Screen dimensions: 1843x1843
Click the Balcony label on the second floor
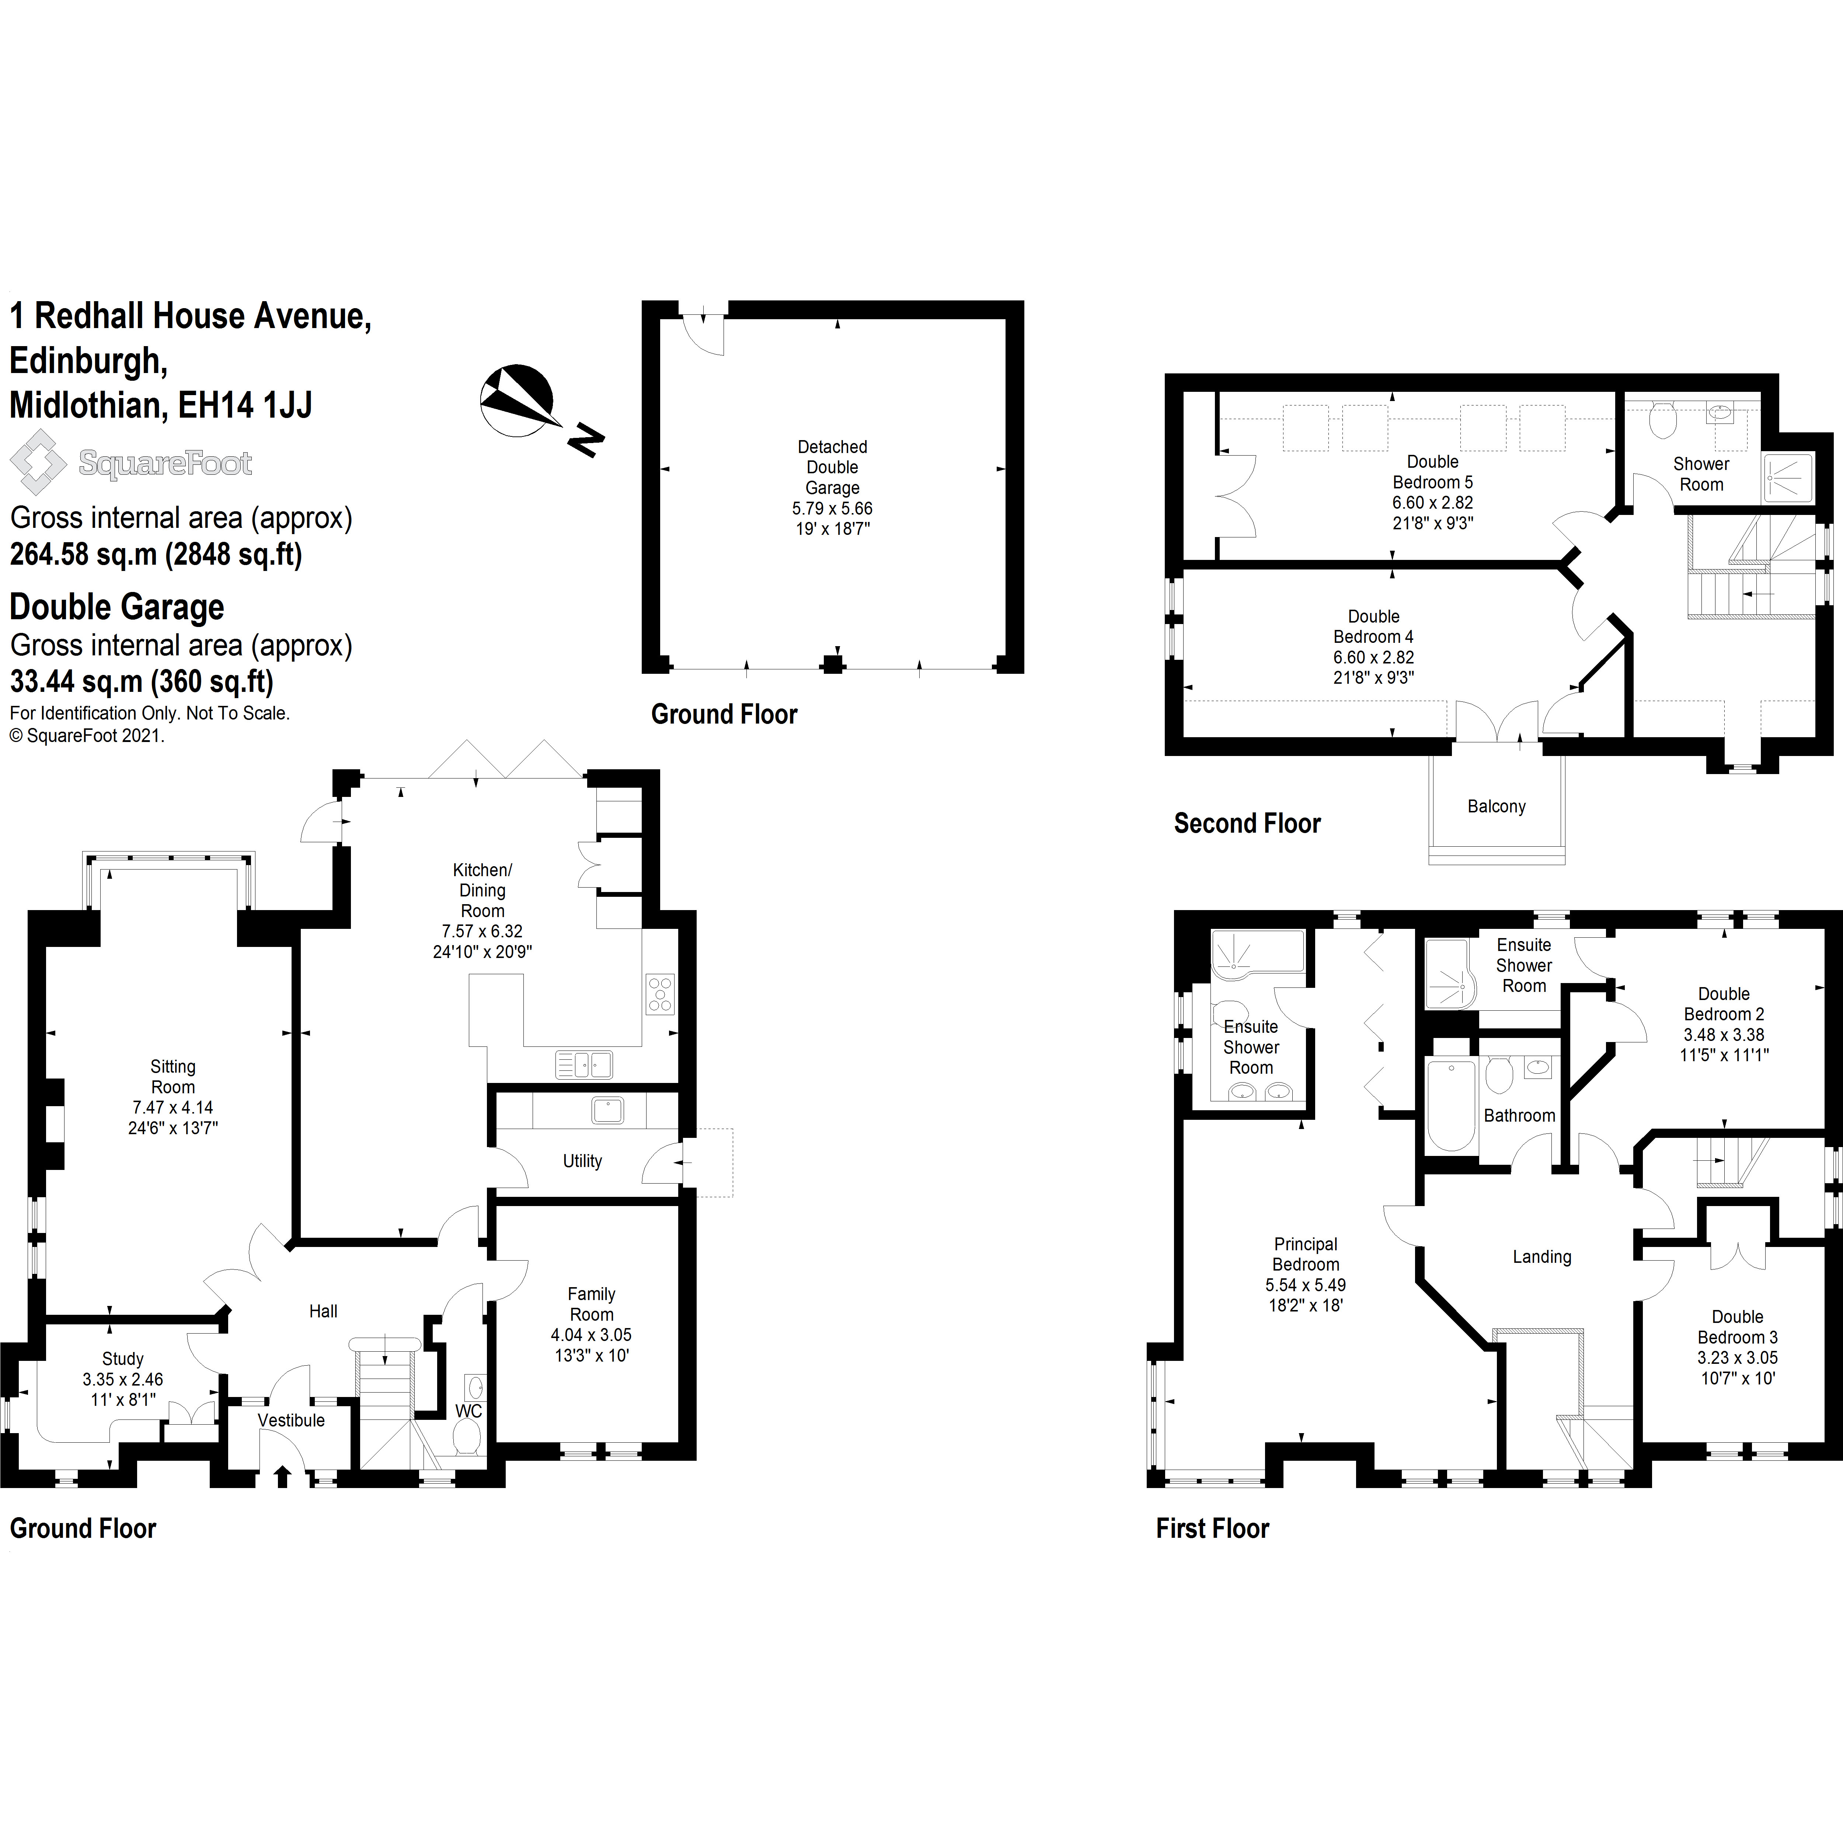(1496, 806)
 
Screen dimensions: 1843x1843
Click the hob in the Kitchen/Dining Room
(660, 993)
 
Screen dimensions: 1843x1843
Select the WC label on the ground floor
(468, 1411)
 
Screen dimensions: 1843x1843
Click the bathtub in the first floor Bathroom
(1451, 1105)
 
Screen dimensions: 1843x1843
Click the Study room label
(123, 1358)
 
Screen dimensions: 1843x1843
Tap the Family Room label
(592, 1304)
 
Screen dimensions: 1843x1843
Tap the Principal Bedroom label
(1305, 1254)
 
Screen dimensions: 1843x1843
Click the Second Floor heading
(1247, 823)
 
